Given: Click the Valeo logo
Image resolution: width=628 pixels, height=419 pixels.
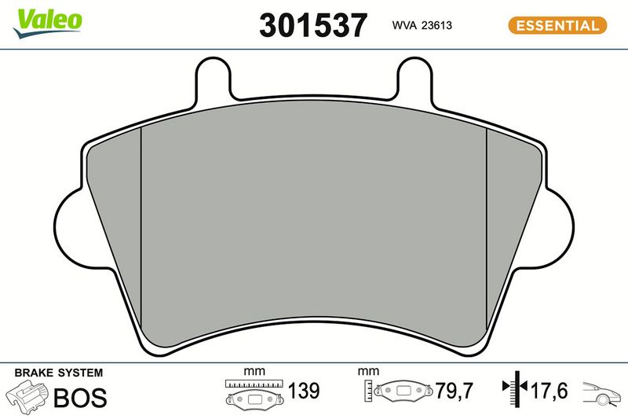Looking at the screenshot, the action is pos(48,24).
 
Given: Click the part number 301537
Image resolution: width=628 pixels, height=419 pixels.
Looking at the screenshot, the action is pos(313,25).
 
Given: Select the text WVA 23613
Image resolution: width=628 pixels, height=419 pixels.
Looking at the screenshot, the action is pos(422,25).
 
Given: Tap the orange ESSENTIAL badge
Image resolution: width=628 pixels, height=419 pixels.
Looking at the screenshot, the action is pos(557,25).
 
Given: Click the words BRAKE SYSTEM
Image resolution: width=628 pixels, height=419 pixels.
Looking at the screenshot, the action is pos(58,373).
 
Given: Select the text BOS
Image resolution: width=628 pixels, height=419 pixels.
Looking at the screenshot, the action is pos(80,397).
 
